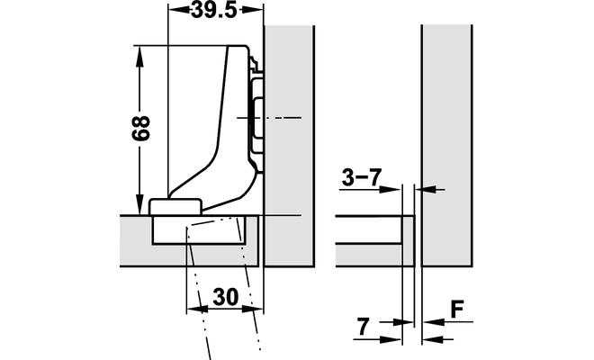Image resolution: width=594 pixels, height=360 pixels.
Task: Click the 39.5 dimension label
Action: click(x=213, y=10)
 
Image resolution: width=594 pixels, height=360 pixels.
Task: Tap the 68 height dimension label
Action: click(x=141, y=129)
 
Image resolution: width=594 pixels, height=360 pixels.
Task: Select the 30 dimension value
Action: click(x=225, y=297)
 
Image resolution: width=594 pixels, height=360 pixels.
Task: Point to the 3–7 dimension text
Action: click(x=362, y=176)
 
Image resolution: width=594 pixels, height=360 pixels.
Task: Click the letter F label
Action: click(x=457, y=310)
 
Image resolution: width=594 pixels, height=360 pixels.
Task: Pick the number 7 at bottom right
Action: click(x=363, y=327)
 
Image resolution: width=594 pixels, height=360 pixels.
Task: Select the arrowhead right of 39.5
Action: click(x=251, y=10)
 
